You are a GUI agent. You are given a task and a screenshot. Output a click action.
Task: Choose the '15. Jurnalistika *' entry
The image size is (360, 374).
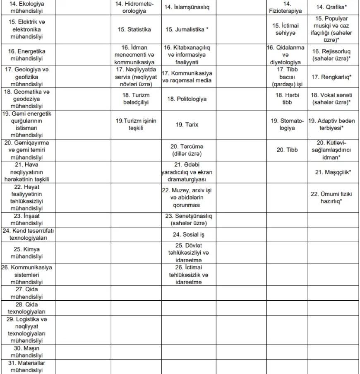187,29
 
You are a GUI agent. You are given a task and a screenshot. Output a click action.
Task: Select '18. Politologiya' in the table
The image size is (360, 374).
187,99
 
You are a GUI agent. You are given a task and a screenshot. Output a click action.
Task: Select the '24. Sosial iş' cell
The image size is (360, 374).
187,234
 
